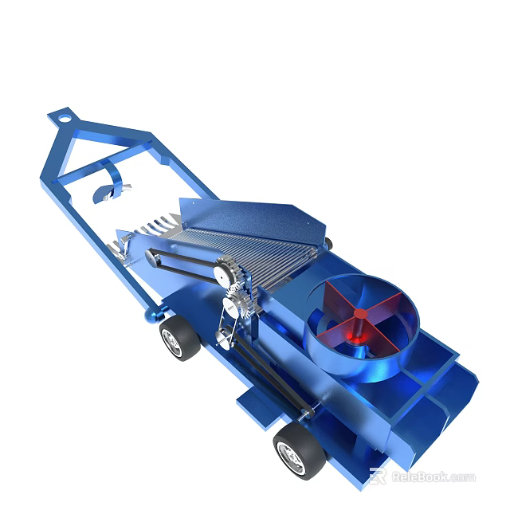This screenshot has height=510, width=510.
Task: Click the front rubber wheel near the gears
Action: [179, 338]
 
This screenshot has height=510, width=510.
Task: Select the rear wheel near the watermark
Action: [299, 450]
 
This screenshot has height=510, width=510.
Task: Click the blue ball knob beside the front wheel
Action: [148, 317]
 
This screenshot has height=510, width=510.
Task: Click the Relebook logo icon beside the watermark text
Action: [378, 477]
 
